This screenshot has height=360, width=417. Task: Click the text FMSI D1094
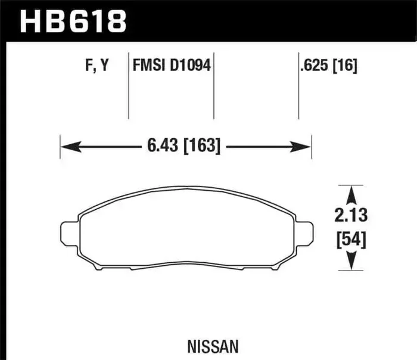coord(171,66)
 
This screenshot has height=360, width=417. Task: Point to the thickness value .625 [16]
coord(329,66)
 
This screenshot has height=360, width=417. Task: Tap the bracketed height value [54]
coord(351,239)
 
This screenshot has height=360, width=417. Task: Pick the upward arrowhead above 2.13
coord(351,193)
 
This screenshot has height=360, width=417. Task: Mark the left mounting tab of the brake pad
coord(70,234)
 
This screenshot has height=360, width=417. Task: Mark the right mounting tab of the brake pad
coord(303,234)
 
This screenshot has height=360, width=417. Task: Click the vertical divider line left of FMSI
coord(129,86)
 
